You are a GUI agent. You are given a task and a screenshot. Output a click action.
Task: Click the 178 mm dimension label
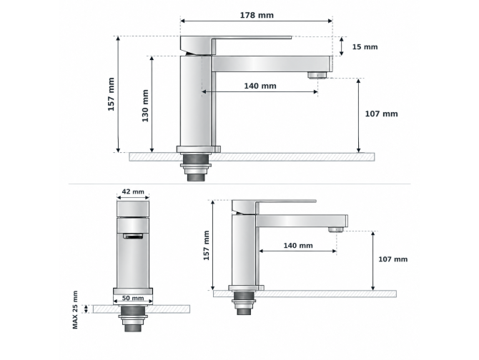257,15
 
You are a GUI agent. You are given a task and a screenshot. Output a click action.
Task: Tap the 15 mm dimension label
365,47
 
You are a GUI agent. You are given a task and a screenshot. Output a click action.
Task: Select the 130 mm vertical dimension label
145,106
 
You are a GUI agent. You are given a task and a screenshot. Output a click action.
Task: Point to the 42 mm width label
133,191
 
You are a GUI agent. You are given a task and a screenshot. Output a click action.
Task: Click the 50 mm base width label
133,298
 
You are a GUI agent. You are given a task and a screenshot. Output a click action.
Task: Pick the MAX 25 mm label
75,310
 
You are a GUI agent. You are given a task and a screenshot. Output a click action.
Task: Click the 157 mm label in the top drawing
112,94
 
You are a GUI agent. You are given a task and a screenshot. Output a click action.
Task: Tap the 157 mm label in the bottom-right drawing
207,245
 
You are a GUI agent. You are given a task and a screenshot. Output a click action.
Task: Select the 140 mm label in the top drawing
260,86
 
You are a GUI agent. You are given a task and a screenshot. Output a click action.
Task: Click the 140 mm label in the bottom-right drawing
298,246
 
